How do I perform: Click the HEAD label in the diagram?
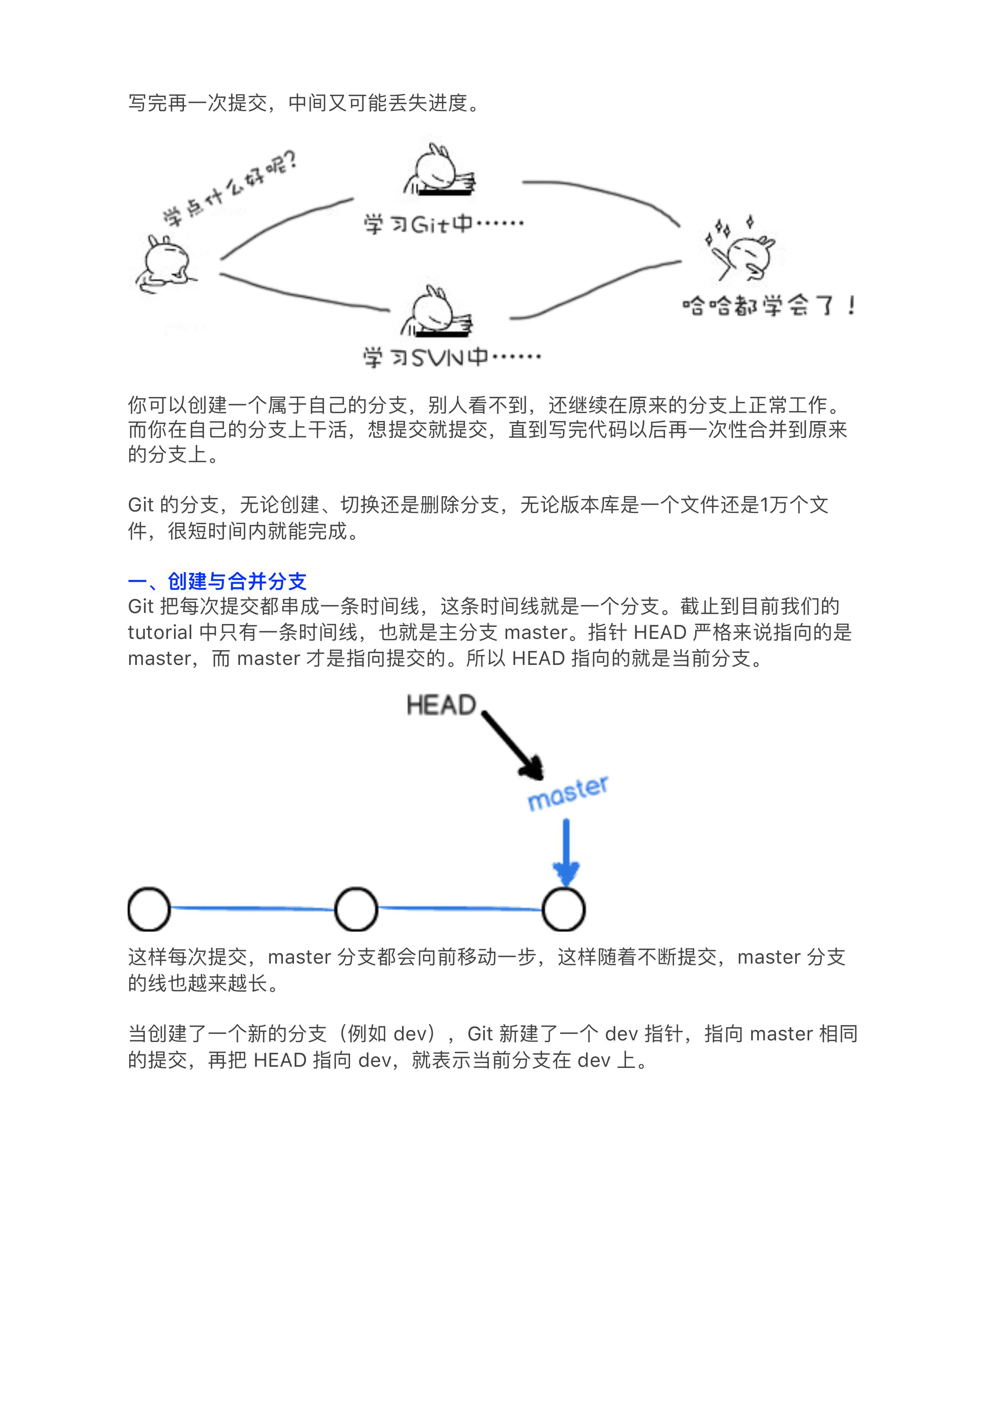441,705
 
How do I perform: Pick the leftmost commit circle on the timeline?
149,909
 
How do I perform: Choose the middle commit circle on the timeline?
356,909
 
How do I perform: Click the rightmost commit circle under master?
564,909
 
